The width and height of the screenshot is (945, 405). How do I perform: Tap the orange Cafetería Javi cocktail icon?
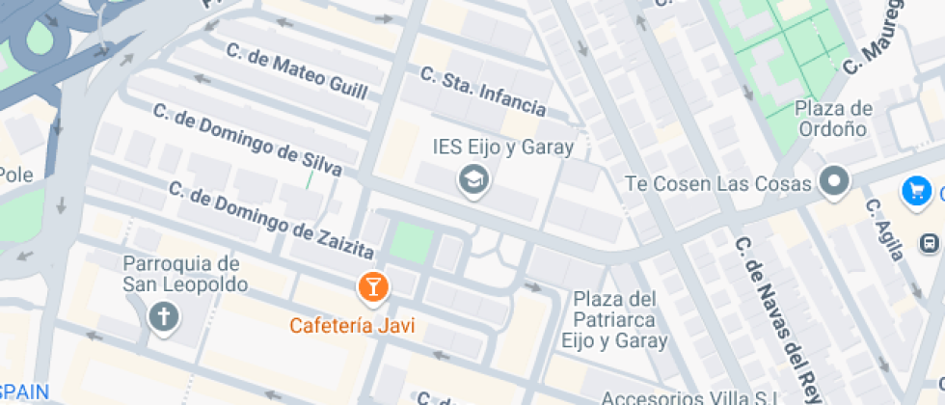pos(372,286)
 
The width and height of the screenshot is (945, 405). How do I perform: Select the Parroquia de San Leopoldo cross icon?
pos(163,316)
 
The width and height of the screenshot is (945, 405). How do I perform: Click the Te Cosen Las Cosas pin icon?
pos(832,180)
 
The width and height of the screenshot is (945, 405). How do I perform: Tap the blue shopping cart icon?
pos(914,191)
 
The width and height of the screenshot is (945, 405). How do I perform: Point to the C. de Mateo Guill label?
pos(296,70)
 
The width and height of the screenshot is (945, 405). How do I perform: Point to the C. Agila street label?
pos(884,229)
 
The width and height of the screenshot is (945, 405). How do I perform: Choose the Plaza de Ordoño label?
pos(834,119)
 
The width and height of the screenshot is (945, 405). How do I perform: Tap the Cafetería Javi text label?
pos(352,325)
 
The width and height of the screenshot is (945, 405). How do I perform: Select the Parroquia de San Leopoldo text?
pos(185,274)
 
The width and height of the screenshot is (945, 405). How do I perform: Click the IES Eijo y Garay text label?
pos(502,148)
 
